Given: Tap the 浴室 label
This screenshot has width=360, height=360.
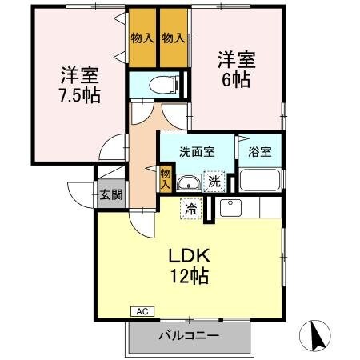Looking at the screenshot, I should (260, 151).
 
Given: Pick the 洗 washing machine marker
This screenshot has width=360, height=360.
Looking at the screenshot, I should (214, 182).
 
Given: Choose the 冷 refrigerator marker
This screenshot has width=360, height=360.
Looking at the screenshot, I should (190, 207).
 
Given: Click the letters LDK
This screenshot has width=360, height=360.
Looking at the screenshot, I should (189, 258).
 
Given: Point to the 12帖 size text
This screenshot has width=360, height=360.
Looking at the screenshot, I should (189, 278).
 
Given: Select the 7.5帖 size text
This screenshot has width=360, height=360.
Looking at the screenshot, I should (78, 95).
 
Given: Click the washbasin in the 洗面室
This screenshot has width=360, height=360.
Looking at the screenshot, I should (187, 182).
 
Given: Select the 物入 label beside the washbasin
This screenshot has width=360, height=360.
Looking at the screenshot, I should (165, 178).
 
